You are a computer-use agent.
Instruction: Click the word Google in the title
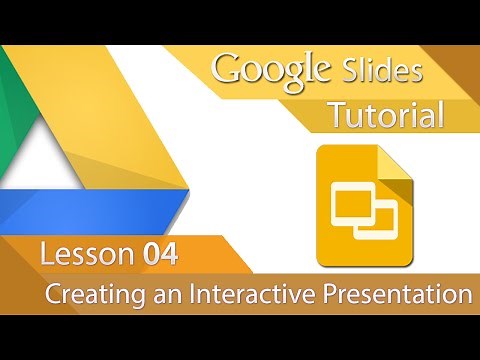(270, 71)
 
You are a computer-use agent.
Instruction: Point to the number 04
(159, 255)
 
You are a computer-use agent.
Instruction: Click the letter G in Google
(228, 70)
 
